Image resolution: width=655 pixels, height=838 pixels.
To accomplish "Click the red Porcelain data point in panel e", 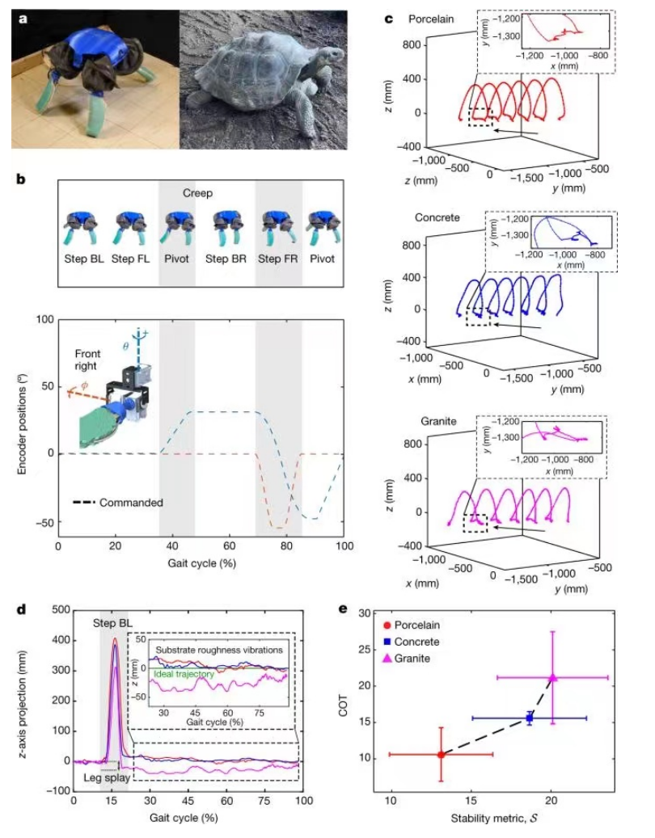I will [x=441, y=755].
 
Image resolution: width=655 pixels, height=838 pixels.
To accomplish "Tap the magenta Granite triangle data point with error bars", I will [x=553, y=677].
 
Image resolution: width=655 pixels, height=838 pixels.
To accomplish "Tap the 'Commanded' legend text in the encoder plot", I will [x=132, y=502].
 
